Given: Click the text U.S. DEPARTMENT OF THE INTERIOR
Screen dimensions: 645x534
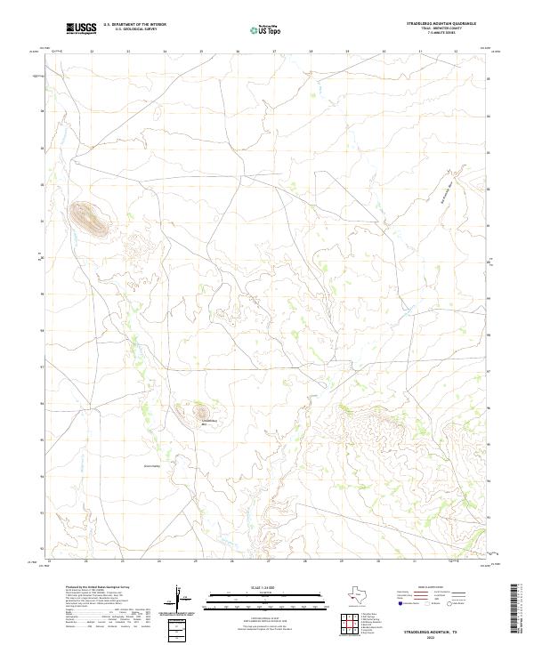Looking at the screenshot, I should tap(134, 26).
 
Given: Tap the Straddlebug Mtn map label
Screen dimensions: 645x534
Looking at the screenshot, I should tap(210, 423).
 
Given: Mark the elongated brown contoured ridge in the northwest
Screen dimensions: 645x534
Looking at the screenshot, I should tap(89, 219).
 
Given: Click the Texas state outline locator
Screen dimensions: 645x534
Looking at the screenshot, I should tap(360, 596).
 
